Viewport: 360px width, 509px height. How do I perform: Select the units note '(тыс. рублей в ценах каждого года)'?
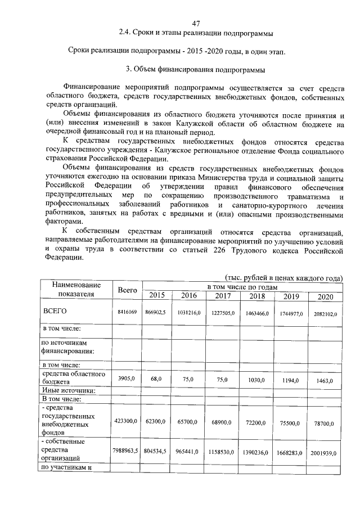tap(283, 278)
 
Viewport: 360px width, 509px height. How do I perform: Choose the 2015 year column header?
tap(157, 296)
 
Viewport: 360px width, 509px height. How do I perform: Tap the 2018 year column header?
tap(257, 296)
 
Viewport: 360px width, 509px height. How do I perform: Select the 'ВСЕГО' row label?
tap(55, 312)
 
